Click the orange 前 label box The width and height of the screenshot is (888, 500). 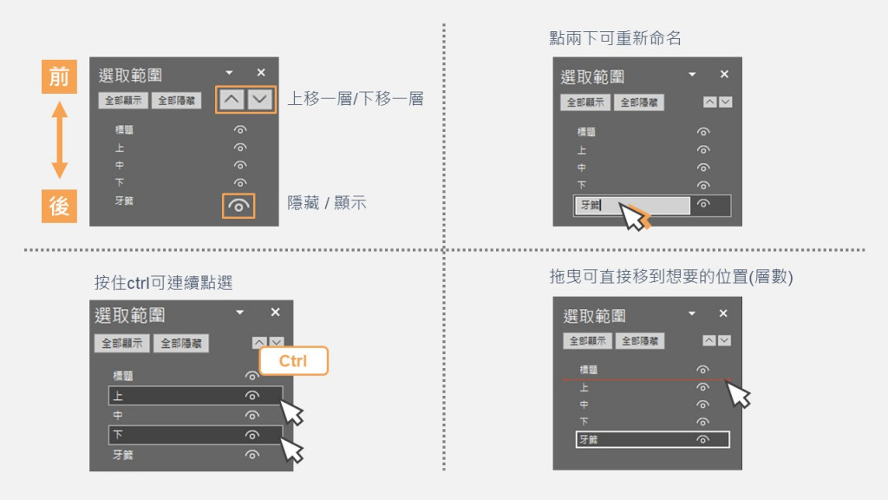[x=59, y=76]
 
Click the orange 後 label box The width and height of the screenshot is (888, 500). [x=59, y=207]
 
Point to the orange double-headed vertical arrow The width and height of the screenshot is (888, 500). [x=59, y=141]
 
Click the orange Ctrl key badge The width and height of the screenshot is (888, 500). [x=293, y=361]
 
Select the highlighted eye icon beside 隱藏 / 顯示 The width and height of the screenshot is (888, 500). [x=240, y=206]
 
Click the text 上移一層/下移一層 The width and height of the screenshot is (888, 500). [x=356, y=99]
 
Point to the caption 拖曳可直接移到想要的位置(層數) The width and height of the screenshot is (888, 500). [x=672, y=277]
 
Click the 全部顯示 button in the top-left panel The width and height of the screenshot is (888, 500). [x=123, y=101]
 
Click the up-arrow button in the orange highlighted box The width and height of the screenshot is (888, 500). [x=231, y=99]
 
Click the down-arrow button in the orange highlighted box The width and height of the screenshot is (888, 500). [x=260, y=99]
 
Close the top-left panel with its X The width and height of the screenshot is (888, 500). [x=261, y=73]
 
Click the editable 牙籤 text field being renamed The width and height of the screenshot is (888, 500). [x=632, y=206]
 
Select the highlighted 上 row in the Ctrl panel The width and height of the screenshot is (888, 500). [x=194, y=396]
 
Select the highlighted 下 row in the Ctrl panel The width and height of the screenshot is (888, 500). [x=194, y=434]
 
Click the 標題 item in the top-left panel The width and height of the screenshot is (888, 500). [x=125, y=130]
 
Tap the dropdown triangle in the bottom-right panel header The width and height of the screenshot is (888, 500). [x=692, y=313]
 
